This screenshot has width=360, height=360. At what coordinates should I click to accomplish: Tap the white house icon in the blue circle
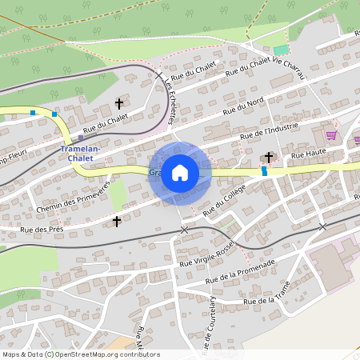[180, 172]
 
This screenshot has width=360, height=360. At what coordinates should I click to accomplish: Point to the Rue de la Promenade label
[240, 272]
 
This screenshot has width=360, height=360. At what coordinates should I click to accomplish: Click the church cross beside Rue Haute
[269, 157]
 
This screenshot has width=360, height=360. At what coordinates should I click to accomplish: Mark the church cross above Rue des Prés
[117, 220]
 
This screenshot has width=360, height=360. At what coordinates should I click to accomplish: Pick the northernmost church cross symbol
[120, 103]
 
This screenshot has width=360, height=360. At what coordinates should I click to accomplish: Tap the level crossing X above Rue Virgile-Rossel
[185, 230]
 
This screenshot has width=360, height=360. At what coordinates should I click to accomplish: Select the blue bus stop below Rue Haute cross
[265, 170]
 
